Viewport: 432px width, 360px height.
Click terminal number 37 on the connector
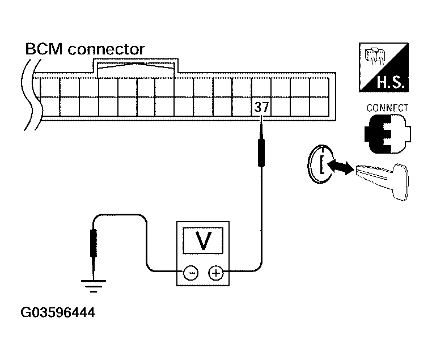pos(261,107)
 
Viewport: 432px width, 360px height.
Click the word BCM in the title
pos(44,50)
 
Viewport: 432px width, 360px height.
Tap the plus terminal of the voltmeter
pos(215,273)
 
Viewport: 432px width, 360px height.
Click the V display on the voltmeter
pos(202,242)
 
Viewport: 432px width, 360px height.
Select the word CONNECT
pos(388,108)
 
